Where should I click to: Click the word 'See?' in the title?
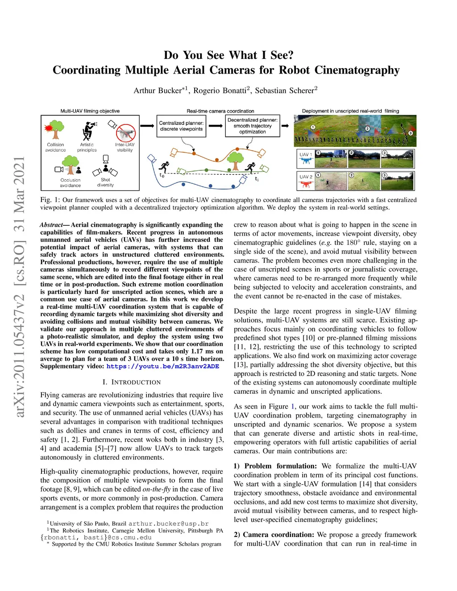pos(282,55)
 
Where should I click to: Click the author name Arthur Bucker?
pos(157,91)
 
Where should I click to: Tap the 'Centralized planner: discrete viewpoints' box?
pos(181,126)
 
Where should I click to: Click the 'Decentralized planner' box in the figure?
pos(252,126)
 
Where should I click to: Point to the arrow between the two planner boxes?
pos(216,126)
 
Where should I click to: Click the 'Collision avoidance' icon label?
pos(55,148)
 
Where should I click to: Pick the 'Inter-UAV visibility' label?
pos(125,148)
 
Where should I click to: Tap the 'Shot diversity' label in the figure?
pos(105,182)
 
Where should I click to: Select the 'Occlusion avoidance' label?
pos(71,183)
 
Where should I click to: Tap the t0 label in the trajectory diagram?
pos(162,176)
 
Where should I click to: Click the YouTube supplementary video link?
pos(163,367)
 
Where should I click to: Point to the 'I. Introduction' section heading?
pos(132,382)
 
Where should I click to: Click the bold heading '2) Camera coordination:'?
pos(274,535)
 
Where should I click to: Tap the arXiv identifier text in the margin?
pos(19,285)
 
